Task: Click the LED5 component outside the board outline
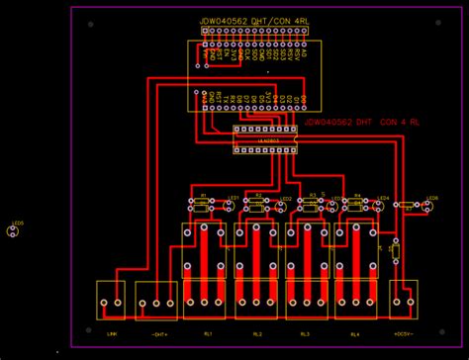click(x=14, y=231)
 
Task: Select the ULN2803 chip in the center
click(x=264, y=140)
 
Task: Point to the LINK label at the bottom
click(x=112, y=334)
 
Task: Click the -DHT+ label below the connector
click(x=158, y=334)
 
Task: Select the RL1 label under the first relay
click(x=208, y=334)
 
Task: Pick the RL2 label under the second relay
click(x=257, y=334)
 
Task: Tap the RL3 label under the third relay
click(x=305, y=334)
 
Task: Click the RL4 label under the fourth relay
click(x=353, y=334)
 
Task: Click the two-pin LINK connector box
click(x=112, y=301)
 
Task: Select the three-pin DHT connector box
click(x=156, y=301)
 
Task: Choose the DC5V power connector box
click(x=403, y=300)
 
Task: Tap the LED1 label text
click(x=234, y=198)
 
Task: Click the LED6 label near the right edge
click(x=431, y=198)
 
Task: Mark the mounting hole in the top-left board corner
click(x=90, y=24)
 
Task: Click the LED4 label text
click(x=384, y=198)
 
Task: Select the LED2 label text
click(x=285, y=198)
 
